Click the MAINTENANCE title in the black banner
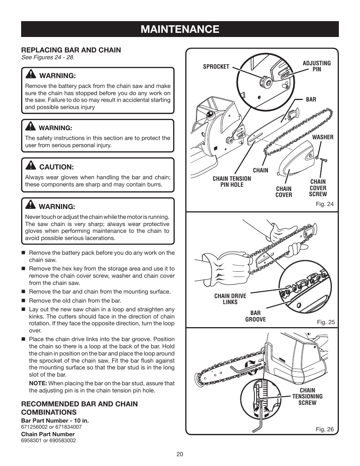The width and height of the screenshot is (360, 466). point(180,29)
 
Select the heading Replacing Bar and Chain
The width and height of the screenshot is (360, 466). point(71,50)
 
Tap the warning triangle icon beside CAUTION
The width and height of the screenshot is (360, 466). point(31,166)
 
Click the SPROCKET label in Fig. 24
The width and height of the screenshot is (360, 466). point(216,67)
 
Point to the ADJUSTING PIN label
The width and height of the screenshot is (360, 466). point(317,66)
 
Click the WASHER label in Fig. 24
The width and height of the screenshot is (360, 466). point(323,137)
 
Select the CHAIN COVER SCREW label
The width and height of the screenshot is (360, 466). point(318,188)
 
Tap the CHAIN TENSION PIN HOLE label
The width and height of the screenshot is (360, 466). point(232,181)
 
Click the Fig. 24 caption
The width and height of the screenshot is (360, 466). point(325,204)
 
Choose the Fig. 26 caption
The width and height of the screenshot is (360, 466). point(325,429)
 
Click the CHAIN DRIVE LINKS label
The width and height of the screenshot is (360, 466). point(230,299)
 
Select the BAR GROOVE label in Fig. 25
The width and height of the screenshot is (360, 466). point(255,316)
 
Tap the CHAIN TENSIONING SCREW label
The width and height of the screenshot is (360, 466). point(307,397)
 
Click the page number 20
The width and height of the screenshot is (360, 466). point(180,454)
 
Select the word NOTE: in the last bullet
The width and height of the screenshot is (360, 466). point(38,383)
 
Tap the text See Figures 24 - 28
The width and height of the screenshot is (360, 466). point(48,57)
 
